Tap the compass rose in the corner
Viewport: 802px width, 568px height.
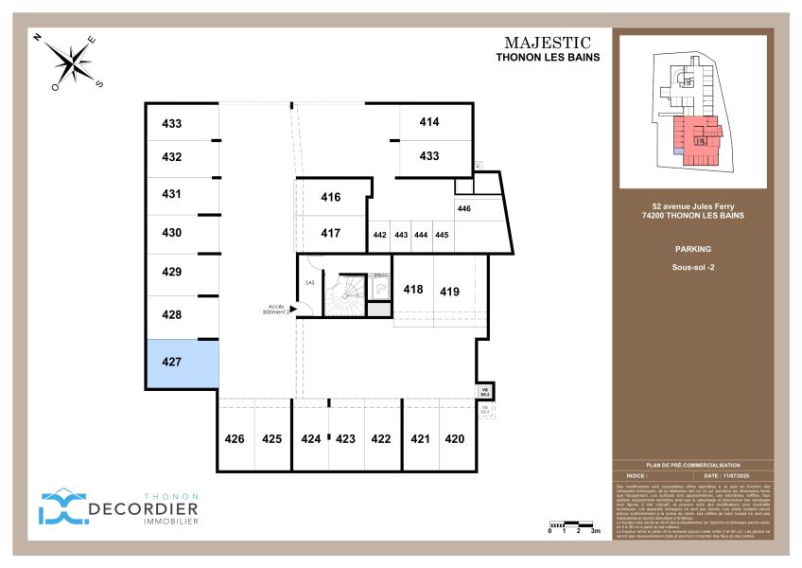pyautogui.click(x=71, y=62)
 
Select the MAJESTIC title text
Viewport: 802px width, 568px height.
pyautogui.click(x=548, y=43)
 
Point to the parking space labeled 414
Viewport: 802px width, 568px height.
pyautogui.click(x=429, y=122)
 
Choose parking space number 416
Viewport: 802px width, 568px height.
pyautogui.click(x=330, y=197)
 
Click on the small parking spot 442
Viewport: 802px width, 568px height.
pyautogui.click(x=379, y=235)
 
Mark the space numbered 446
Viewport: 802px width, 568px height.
pyautogui.click(x=464, y=208)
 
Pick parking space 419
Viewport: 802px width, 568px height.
pyautogui.click(x=449, y=292)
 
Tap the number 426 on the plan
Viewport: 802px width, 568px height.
pyautogui.click(x=235, y=438)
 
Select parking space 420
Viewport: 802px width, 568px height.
pyautogui.click(x=454, y=438)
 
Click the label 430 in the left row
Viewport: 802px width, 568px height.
pyautogui.click(x=171, y=232)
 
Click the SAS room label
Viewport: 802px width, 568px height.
pyautogui.click(x=309, y=282)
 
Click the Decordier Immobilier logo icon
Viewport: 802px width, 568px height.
pyautogui.click(x=61, y=507)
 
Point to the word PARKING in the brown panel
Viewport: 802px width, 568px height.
pyautogui.click(x=694, y=250)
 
